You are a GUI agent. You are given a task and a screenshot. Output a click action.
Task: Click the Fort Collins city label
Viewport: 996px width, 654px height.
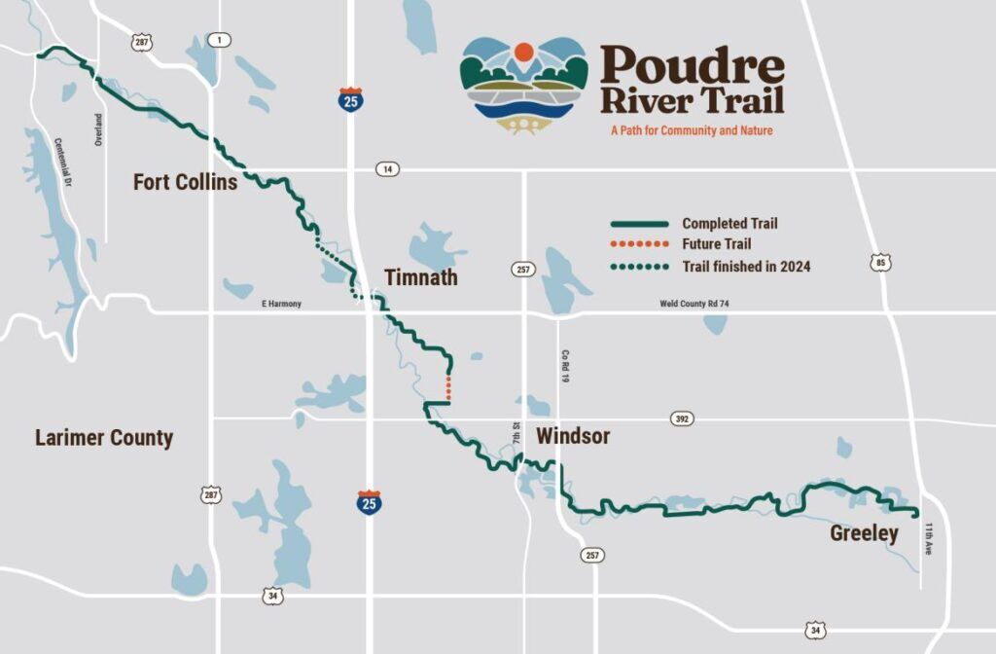(x=185, y=182)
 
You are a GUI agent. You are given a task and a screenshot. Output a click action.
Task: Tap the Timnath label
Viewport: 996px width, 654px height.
(x=420, y=278)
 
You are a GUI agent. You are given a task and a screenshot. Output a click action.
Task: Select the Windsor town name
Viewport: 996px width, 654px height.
(x=573, y=436)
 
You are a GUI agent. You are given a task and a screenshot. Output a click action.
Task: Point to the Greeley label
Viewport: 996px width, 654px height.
(x=864, y=533)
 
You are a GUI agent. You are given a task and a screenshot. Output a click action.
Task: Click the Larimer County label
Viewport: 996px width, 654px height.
(x=104, y=438)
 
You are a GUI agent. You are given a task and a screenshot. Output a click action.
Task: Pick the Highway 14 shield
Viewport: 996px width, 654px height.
(x=388, y=169)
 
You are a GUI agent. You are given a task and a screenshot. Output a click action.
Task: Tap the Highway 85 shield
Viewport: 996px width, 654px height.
(x=881, y=263)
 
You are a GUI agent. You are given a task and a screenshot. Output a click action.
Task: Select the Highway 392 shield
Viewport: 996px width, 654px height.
(x=682, y=418)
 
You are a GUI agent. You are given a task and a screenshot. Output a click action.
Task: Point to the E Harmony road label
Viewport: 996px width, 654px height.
(x=281, y=305)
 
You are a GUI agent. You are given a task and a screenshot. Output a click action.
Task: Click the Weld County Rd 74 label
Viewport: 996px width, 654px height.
(x=694, y=305)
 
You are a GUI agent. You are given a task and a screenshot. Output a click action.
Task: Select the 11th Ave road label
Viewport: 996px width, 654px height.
(x=929, y=538)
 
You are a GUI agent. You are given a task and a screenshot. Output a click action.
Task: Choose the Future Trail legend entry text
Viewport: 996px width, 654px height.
(x=717, y=244)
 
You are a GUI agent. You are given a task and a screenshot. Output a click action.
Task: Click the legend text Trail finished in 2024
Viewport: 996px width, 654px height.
(x=746, y=266)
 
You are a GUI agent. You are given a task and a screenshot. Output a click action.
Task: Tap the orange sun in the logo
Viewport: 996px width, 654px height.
(x=523, y=52)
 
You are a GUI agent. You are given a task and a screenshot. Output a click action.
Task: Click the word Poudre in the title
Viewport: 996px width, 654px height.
(x=692, y=66)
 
